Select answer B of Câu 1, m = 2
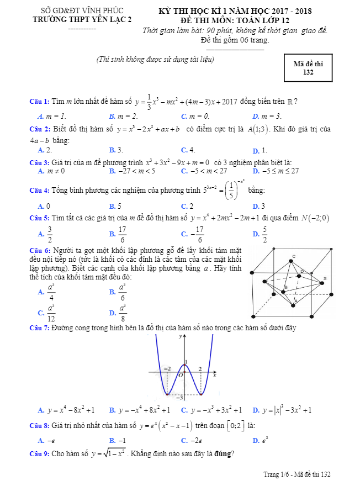[x=124, y=116]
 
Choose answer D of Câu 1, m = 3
[x=267, y=116]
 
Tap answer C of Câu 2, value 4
[x=188, y=150]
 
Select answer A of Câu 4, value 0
[x=45, y=206]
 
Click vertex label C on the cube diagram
[x=293, y=256]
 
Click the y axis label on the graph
[x=180, y=335]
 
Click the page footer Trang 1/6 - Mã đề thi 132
[x=297, y=474]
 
